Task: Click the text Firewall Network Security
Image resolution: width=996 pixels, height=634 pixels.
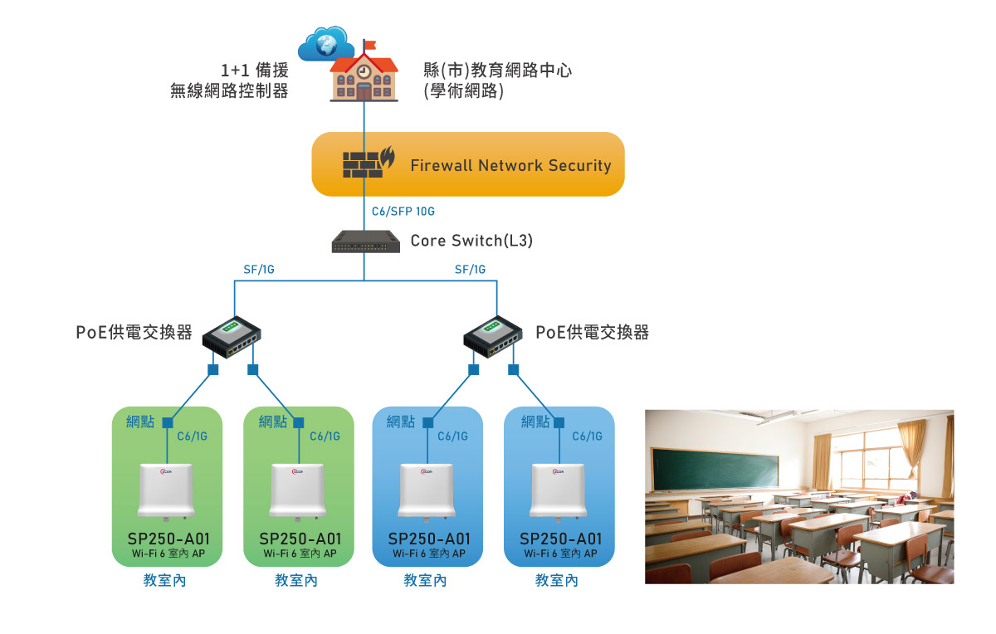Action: coord(510,165)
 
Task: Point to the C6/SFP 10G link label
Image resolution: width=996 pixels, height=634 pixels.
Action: coord(403,212)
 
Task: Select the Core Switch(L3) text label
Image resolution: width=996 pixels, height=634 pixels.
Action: coord(471,241)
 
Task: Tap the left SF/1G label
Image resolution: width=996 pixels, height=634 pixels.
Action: coord(259,269)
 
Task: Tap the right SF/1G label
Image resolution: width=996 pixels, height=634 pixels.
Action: coord(470,269)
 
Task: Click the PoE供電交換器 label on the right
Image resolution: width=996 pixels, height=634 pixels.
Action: coord(592,333)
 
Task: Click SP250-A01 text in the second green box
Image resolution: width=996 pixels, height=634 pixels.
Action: coord(300,539)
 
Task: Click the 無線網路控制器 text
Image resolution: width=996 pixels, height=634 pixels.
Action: coord(229,91)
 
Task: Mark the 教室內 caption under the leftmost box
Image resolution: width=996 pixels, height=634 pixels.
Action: coord(165,581)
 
